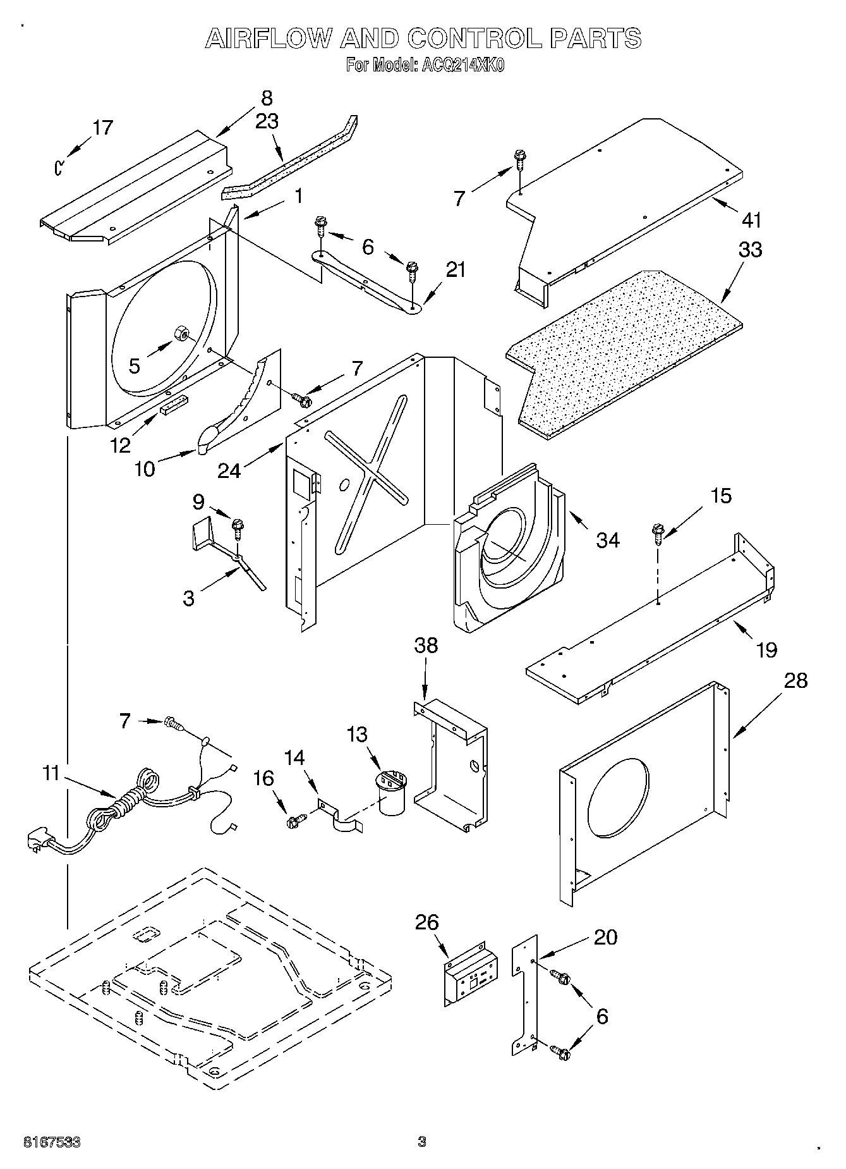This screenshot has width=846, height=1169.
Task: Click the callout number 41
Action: tap(751, 220)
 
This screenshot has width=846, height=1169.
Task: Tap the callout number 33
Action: tap(750, 250)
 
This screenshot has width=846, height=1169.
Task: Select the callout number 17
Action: tap(102, 128)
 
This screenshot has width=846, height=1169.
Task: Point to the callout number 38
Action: tap(426, 646)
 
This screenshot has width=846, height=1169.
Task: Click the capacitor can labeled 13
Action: tap(392, 792)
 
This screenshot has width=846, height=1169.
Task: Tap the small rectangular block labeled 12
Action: tap(174, 405)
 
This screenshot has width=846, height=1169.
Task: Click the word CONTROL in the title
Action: tap(473, 39)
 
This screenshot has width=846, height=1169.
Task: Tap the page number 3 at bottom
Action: tap(421, 1142)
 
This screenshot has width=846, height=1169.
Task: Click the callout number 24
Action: tap(229, 470)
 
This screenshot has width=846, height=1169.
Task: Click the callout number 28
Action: tap(795, 681)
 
